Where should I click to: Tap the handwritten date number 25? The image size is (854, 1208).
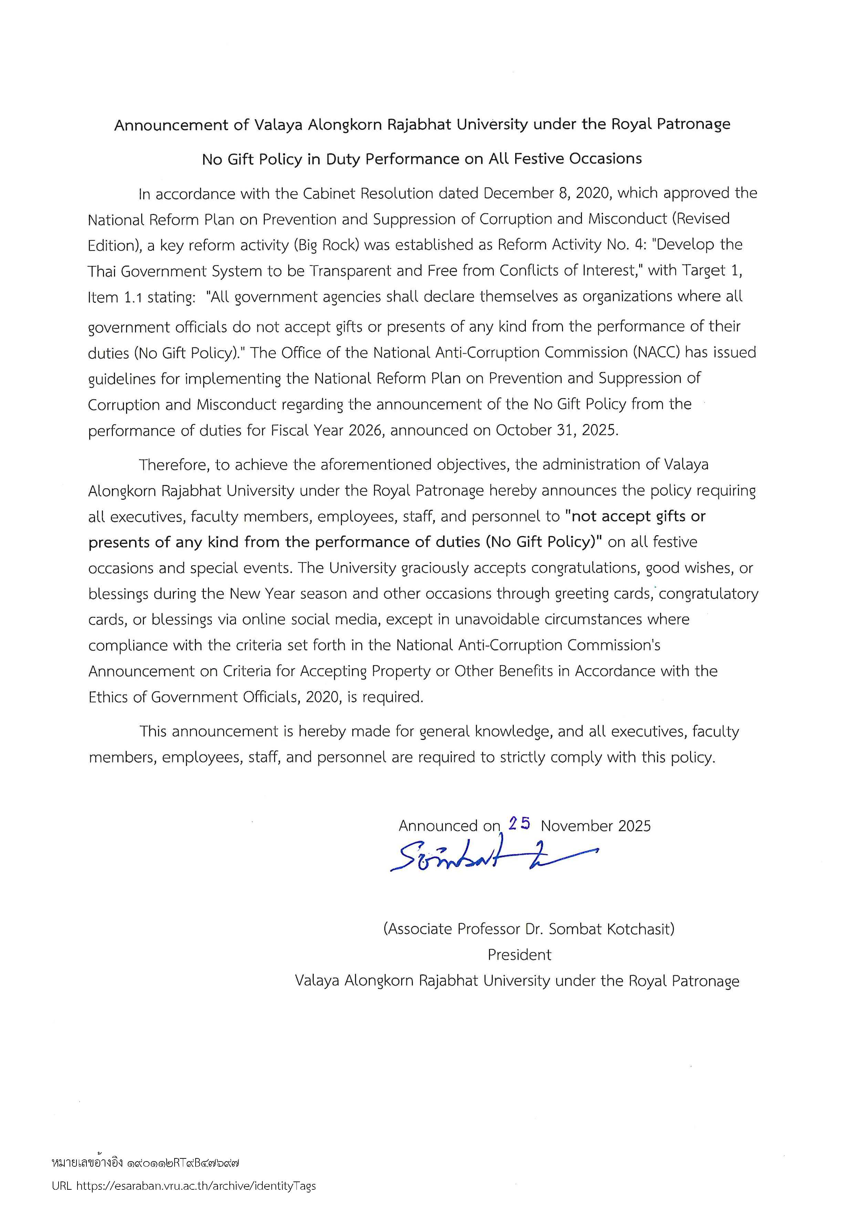[519, 824]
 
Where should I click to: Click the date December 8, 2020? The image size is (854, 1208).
[546, 193]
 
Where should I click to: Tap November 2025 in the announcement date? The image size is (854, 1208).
[595, 826]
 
